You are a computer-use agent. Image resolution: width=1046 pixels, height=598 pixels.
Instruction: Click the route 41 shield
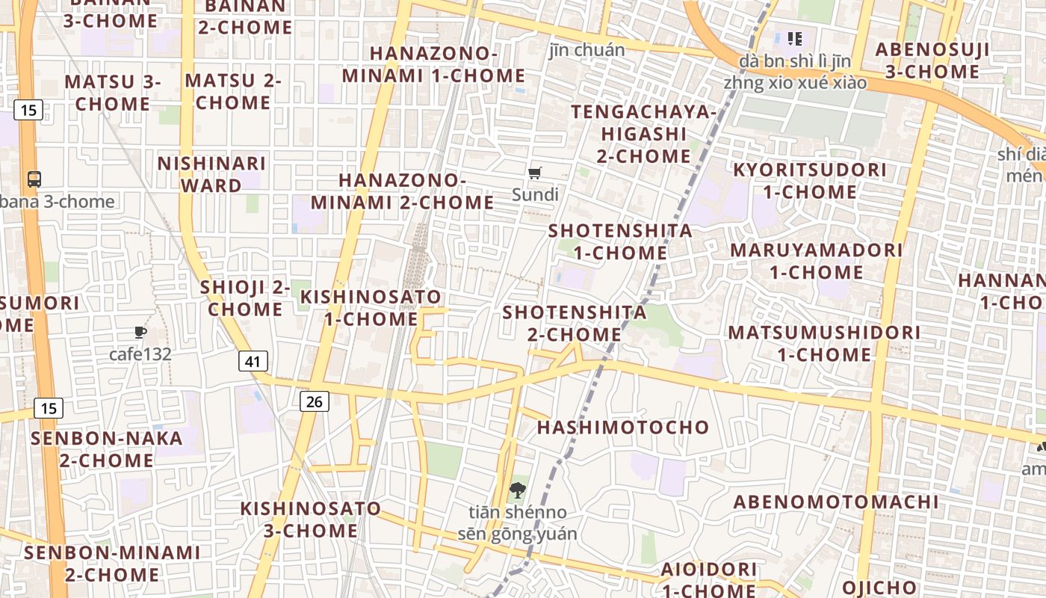pos(253,362)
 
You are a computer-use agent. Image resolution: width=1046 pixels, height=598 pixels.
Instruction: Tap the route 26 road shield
pos(315,401)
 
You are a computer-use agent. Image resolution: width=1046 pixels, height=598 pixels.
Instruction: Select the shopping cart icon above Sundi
pos(534,173)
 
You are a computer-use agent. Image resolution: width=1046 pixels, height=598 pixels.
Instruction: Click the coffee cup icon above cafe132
pos(140,332)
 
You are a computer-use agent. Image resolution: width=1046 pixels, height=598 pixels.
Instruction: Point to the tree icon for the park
pos(516,490)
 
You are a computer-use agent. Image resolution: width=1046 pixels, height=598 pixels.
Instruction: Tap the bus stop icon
pos(34,179)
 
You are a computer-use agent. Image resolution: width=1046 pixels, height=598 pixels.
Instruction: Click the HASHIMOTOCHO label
pos(623,427)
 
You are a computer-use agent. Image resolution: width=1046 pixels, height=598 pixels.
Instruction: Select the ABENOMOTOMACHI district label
pos(835,502)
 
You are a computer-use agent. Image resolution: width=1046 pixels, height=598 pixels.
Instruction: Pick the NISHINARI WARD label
pos(211,174)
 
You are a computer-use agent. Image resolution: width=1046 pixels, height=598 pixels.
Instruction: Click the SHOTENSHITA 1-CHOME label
pos(620,241)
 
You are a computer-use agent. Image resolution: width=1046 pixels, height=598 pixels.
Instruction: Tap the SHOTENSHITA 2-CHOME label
pos(575,323)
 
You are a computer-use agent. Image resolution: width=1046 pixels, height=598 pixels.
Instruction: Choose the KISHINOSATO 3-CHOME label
pos(310,520)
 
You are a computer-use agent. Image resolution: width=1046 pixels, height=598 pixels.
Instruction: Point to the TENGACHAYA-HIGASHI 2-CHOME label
pos(643,134)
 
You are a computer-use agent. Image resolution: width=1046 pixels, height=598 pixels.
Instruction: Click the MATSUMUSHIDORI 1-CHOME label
pos(824,343)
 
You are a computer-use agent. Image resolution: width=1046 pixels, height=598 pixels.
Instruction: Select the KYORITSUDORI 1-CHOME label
pos(810,181)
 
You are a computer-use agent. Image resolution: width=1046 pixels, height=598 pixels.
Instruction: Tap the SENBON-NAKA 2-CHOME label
pos(107,449)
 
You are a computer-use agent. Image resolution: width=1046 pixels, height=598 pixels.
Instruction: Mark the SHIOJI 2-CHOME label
pos(245,298)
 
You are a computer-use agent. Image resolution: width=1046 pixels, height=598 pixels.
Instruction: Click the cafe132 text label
pos(140,354)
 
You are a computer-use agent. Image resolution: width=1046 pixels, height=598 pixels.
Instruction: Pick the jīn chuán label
pos(587,50)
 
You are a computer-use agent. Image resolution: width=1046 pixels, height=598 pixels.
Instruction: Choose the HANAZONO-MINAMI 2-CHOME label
pos(402,191)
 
